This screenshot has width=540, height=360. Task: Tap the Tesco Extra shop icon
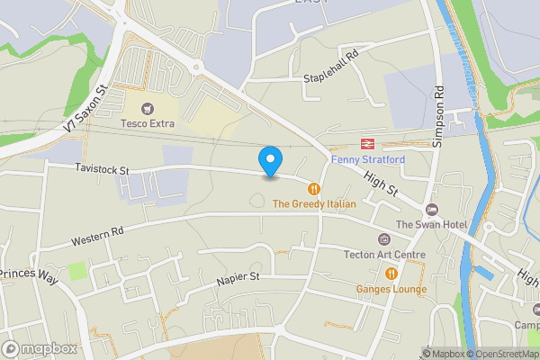click(148, 108)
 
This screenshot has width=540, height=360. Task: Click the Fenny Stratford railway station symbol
click(367, 144)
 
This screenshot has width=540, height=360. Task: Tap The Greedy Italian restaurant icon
click(314, 189)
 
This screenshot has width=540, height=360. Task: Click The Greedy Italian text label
click(314, 204)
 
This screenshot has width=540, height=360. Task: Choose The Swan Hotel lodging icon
click(431, 209)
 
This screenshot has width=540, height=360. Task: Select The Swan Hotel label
click(428, 224)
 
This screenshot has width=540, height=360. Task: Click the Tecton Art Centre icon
click(384, 238)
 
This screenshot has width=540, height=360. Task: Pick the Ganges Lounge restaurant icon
click(391, 274)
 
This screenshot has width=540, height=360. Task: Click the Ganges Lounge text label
click(391, 289)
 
